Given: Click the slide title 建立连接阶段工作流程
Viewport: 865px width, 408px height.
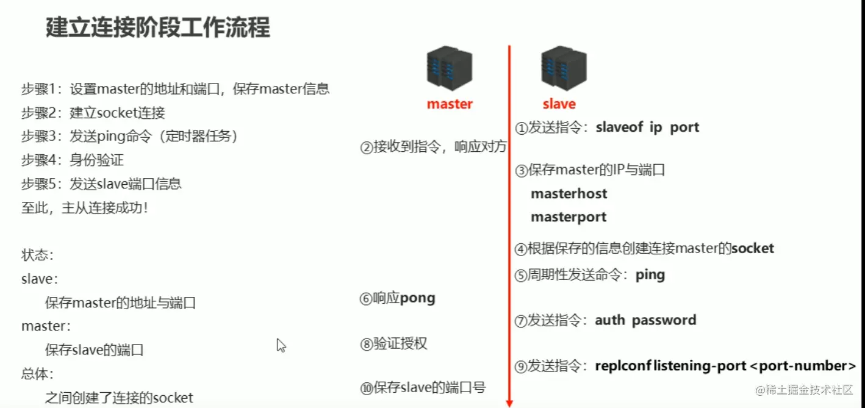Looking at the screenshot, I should (157, 28).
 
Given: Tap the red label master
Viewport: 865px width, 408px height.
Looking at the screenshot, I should (450, 104).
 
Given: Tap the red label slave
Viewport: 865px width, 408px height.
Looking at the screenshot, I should (559, 104).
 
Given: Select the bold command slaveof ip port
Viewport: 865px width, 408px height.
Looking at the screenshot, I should (647, 127).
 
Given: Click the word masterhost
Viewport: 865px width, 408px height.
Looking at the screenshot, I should (569, 194).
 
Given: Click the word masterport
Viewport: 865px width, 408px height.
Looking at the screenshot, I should (569, 217).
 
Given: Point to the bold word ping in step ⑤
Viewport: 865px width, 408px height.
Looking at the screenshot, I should (650, 274).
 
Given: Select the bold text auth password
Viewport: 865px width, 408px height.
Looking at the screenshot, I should (645, 320).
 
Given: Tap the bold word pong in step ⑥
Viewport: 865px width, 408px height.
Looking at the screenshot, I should (418, 298).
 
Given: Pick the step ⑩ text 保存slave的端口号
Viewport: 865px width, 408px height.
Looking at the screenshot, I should (429, 387).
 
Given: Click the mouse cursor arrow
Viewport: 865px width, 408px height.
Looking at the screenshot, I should (281, 345).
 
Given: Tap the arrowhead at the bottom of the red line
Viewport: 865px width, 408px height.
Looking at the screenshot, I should (509, 403).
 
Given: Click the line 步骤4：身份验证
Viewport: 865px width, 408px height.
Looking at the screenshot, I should (73, 160).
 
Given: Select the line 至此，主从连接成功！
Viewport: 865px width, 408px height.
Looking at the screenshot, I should (85, 208).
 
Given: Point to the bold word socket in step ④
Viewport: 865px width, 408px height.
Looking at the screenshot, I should (753, 248).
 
